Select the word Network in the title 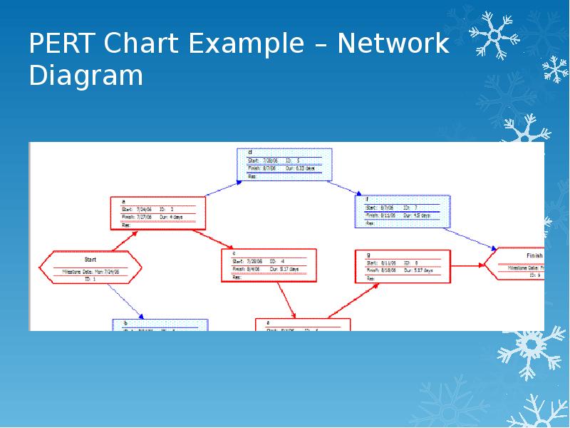393,44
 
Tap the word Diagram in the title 86,75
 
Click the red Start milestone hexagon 90,268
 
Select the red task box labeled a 158,213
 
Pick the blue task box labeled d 284,164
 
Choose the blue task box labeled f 402,211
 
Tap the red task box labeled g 403,267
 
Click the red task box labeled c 269,265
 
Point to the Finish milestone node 520,264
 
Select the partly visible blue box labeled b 160,325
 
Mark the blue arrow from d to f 345,188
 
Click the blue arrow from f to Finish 473,238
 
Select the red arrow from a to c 214,238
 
